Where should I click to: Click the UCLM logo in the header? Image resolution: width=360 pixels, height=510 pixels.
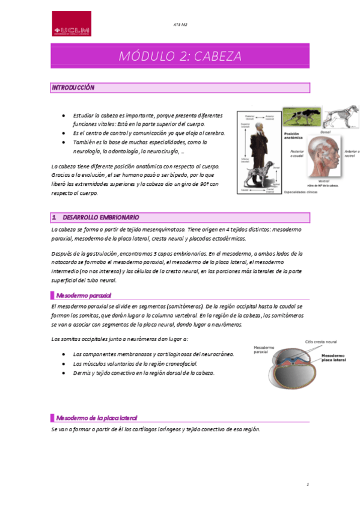pos(72,25)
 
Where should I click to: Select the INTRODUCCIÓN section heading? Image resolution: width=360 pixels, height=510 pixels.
pos(73,88)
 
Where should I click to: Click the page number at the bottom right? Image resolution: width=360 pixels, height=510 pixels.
pos(307,484)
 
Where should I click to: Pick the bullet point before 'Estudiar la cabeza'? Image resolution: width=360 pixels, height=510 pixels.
pos(63,115)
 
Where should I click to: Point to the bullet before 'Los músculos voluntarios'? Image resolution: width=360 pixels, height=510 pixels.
pos(63,364)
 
